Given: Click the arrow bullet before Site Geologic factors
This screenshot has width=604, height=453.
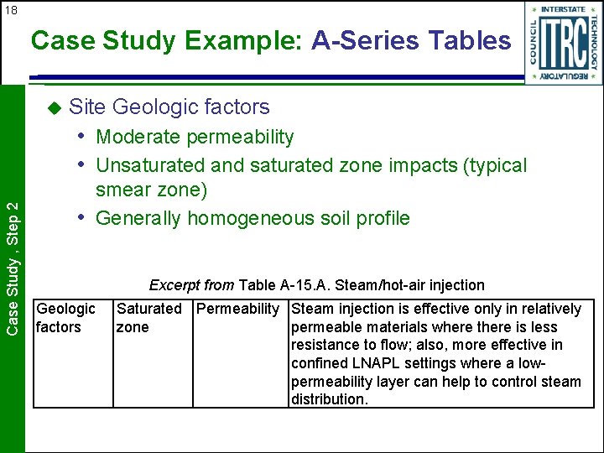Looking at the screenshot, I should pyautogui.click(x=54, y=107).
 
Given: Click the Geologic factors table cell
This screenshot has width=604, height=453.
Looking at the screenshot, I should pyautogui.click(x=65, y=318).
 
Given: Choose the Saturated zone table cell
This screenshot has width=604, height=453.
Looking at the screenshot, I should pyautogui.click(x=148, y=318).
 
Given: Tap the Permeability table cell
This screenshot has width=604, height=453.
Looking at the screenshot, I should pyautogui.click(x=237, y=309).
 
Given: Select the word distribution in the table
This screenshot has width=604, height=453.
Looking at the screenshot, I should pyautogui.click(x=329, y=399).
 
